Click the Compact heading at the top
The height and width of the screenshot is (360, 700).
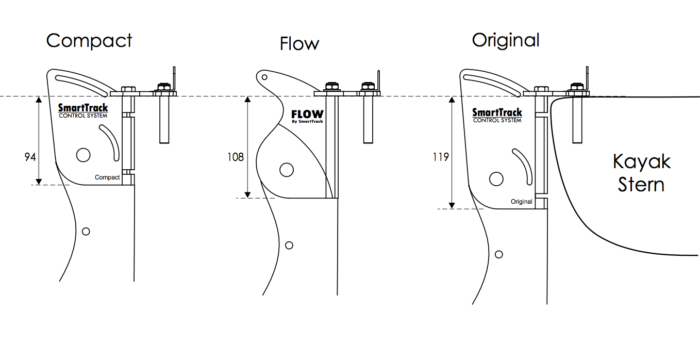89,41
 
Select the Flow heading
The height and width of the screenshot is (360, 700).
299,44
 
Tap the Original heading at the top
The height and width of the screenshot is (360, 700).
506,41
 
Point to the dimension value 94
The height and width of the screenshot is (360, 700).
30,157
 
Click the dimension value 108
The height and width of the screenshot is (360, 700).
236,157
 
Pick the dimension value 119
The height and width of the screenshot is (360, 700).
441,157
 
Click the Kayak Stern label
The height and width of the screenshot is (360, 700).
642,173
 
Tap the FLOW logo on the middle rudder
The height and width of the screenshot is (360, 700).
307,117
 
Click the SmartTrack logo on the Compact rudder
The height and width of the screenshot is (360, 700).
83,111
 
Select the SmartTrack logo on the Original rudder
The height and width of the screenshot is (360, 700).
497,116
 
